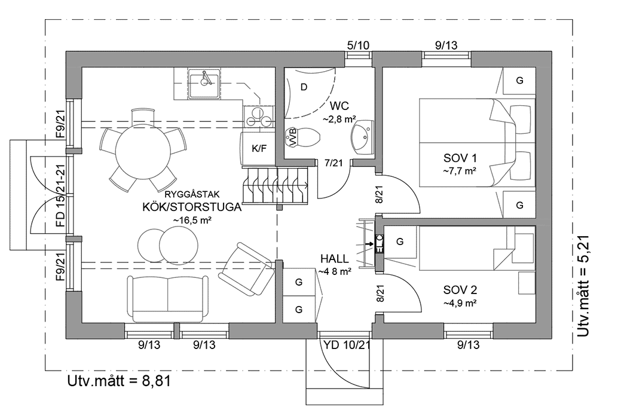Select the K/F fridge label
[x=259, y=148]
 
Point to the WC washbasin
[x=363, y=136]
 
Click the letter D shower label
[x=304, y=87]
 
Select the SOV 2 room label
[x=460, y=290]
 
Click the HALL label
[x=335, y=259]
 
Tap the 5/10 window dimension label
[x=358, y=45]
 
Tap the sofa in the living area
[x=167, y=298]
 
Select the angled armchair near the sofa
[x=247, y=269]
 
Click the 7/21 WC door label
[x=334, y=163]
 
